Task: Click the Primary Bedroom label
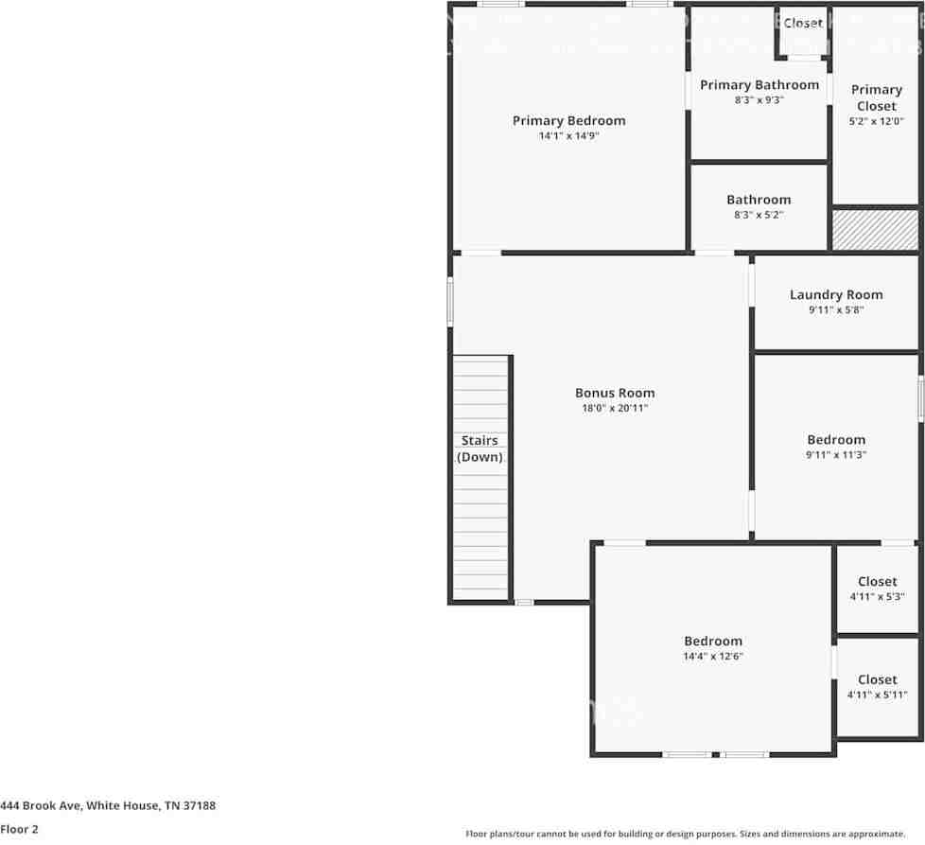point(568,120)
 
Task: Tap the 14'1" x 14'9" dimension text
point(568,136)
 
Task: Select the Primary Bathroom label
point(759,85)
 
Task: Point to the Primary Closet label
point(876,97)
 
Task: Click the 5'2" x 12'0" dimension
point(876,121)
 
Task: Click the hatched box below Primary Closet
point(874,230)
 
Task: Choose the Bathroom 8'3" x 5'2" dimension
point(759,215)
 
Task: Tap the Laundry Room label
point(836,294)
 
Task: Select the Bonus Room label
point(615,393)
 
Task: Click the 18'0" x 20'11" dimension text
point(615,409)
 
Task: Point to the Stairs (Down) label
point(480,449)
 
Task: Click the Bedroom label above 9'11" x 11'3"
point(836,439)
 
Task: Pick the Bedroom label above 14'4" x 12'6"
point(713,641)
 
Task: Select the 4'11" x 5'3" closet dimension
point(877,597)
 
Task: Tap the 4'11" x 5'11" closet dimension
point(877,695)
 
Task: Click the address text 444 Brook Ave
point(108,805)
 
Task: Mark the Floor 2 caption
point(20,829)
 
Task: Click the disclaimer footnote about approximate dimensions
point(685,834)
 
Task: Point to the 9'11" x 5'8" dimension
point(836,310)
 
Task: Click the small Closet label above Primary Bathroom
point(802,23)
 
